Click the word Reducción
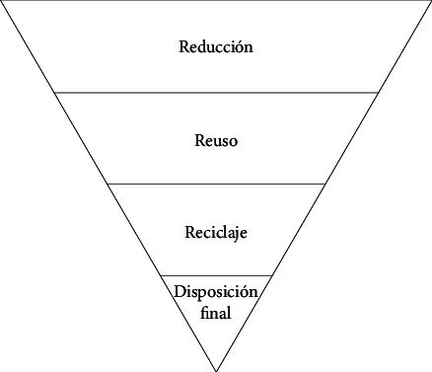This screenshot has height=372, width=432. coord(216,46)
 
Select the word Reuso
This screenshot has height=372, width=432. coord(216,141)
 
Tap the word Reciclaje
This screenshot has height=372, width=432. coord(216,233)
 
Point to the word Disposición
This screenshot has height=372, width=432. coord(216,292)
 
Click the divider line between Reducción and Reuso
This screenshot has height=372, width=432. coord(216,92)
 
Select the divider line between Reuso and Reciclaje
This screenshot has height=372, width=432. coord(216,184)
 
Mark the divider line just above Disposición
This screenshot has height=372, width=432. coord(216,275)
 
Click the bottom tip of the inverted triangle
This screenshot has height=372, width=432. coord(216,370)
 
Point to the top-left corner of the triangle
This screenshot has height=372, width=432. coord(2,1)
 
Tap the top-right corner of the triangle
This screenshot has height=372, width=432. coord(430,1)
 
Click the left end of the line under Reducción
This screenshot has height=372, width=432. coord(55,92)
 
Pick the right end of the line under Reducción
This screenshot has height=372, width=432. coord(378,92)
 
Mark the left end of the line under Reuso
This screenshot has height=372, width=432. coord(108,184)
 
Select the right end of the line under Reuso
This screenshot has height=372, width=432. coord(324,184)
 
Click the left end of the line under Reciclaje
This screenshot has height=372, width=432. coord(161,275)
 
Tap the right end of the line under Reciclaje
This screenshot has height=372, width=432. coord(271,275)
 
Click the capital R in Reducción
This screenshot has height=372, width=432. coord(184,46)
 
